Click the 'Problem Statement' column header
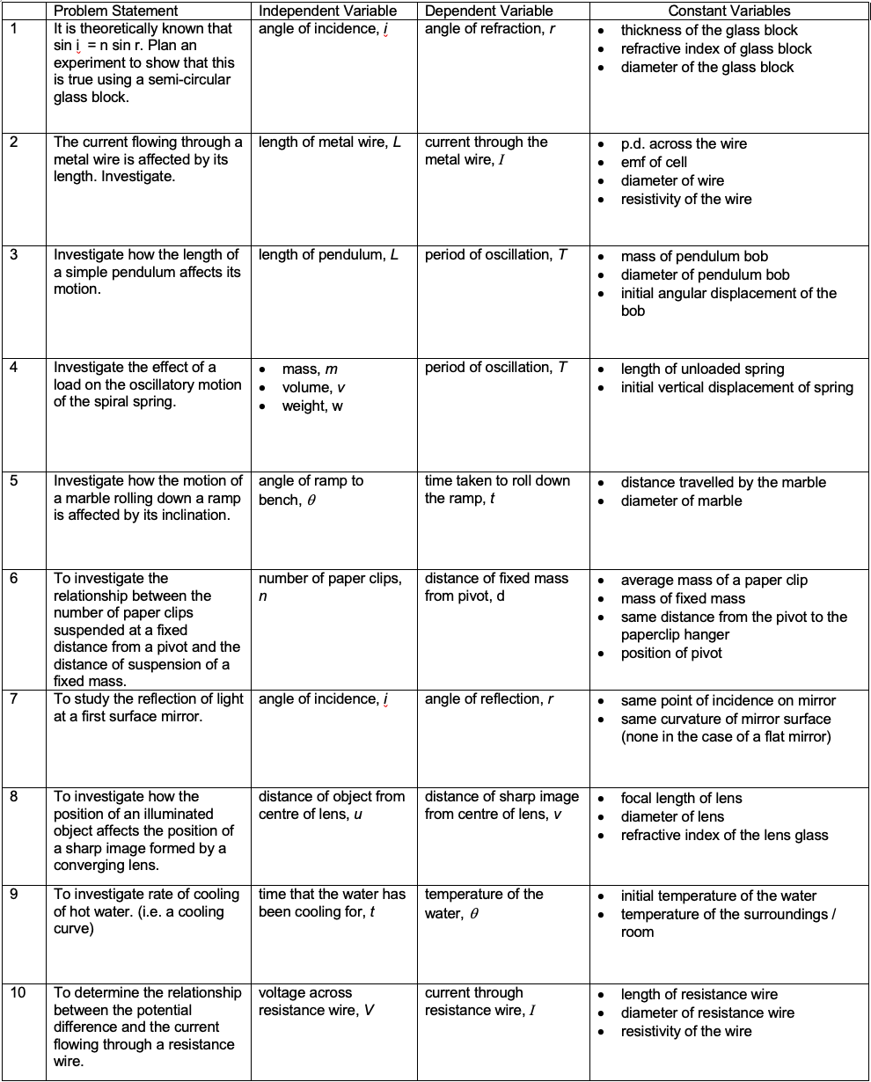point(115,11)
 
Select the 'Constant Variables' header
point(729,11)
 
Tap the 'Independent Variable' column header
point(327,11)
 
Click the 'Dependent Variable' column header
point(488,11)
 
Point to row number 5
point(14,481)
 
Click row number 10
point(18,993)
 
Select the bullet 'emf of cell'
point(654,163)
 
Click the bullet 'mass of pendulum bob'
point(694,257)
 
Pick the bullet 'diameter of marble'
point(681,501)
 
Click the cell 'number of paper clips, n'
point(329,588)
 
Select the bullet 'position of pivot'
point(670,654)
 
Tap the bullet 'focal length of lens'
point(681,799)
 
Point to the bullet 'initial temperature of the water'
point(719,896)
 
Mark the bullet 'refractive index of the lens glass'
point(724,836)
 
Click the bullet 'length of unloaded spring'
point(702,369)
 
